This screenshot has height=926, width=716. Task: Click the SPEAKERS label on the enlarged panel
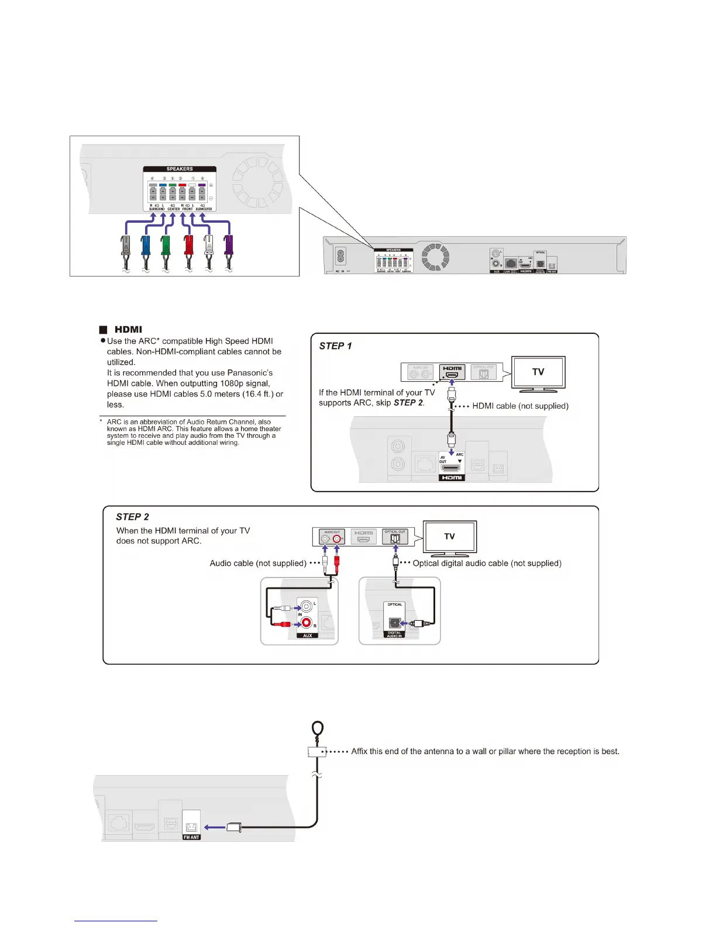point(180,169)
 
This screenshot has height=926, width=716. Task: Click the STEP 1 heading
point(335,346)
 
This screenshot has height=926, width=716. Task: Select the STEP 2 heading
point(132,517)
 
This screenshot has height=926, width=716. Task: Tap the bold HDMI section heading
point(128,330)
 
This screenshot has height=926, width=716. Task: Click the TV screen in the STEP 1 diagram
point(538,372)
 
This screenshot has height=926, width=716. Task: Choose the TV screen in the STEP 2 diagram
point(449,536)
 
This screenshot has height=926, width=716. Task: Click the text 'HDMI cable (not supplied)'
point(520,406)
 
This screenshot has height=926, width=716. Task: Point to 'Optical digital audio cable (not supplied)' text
point(487,564)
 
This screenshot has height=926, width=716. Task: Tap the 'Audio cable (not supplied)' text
point(258,564)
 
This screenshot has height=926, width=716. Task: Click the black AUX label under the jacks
point(308,635)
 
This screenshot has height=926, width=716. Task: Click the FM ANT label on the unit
point(191,837)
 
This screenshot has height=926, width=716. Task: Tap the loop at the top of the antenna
point(318,728)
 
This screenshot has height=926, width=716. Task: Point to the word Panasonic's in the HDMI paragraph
point(250,373)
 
